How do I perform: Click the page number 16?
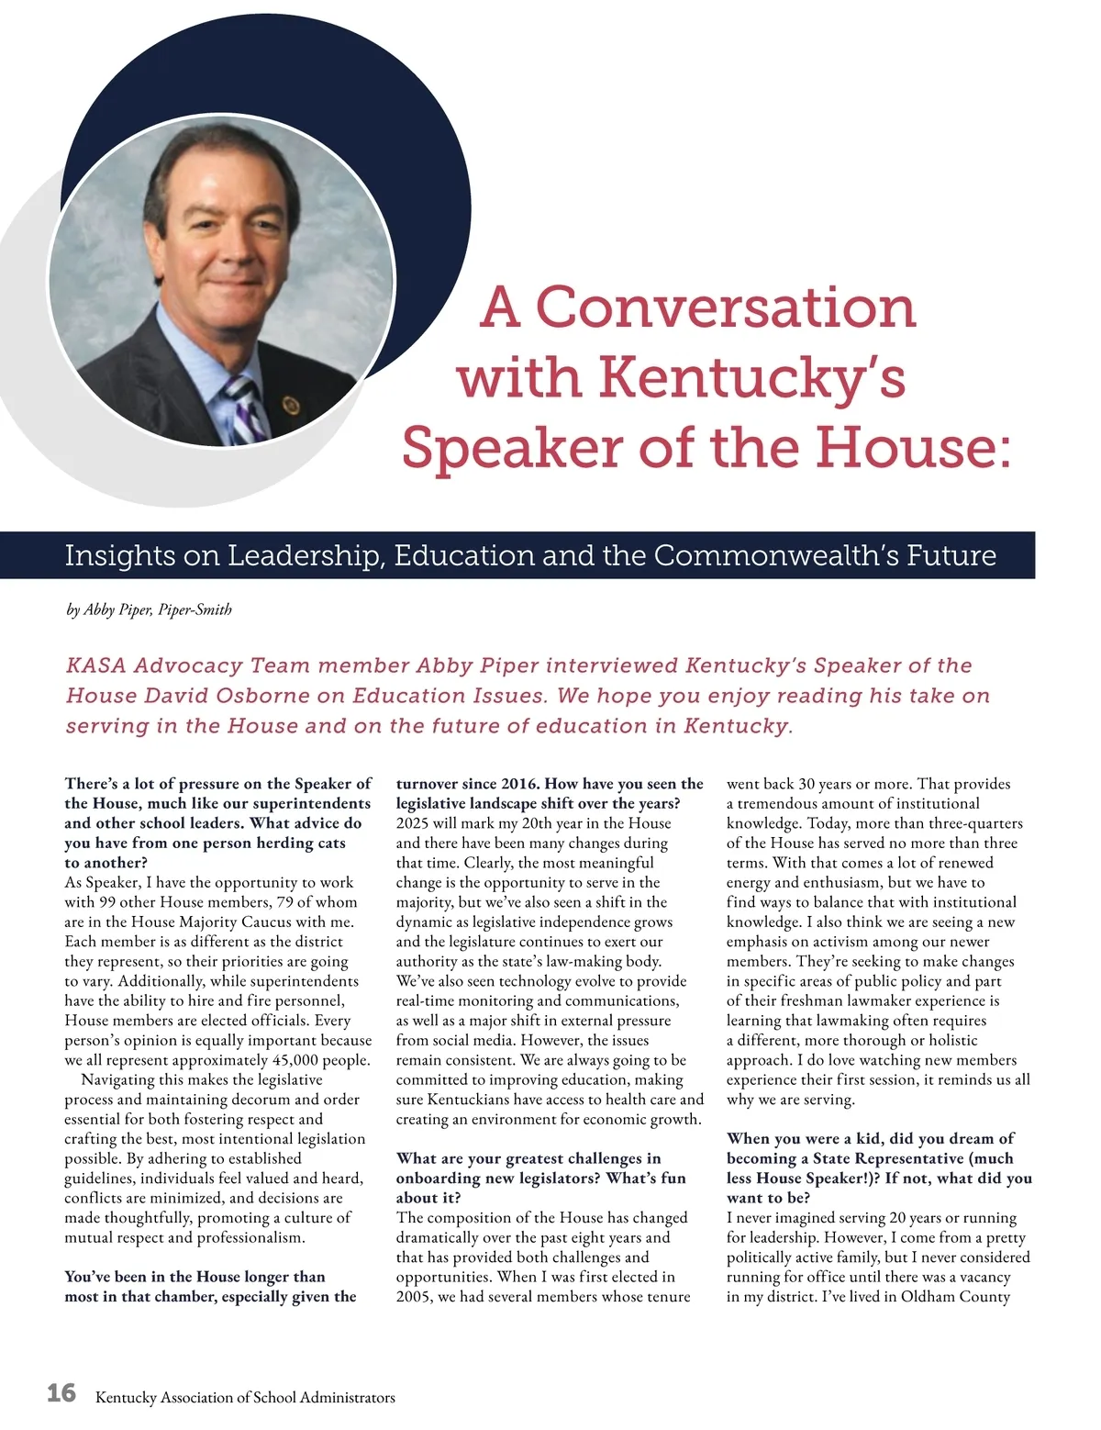coord(61,1393)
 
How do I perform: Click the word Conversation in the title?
coord(725,307)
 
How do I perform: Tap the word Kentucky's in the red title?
coord(752,378)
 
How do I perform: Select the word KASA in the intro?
coord(95,665)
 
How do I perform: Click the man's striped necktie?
coord(246,408)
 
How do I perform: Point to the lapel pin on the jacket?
coord(292,405)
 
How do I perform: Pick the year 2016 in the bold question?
coord(519,784)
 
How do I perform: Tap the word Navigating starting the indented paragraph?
coord(122,1080)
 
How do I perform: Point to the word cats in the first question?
coord(330,843)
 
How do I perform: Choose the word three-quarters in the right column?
coord(972,823)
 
